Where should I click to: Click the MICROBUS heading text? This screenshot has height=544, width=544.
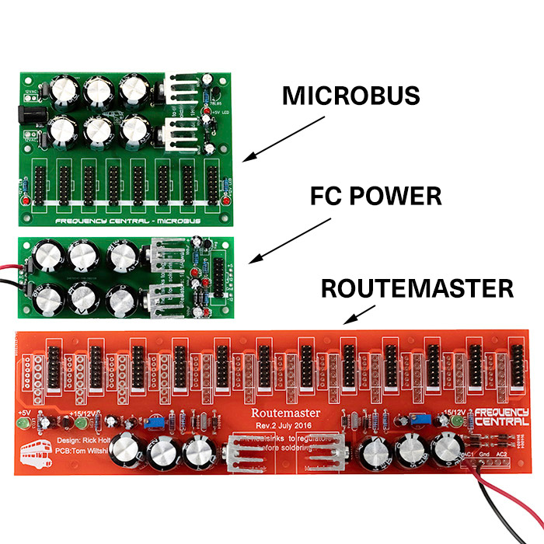[350, 96]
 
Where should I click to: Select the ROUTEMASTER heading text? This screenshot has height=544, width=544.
[417, 289]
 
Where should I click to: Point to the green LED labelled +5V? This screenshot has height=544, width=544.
[23, 423]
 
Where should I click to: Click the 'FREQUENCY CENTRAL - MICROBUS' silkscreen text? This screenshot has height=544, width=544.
[128, 220]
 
